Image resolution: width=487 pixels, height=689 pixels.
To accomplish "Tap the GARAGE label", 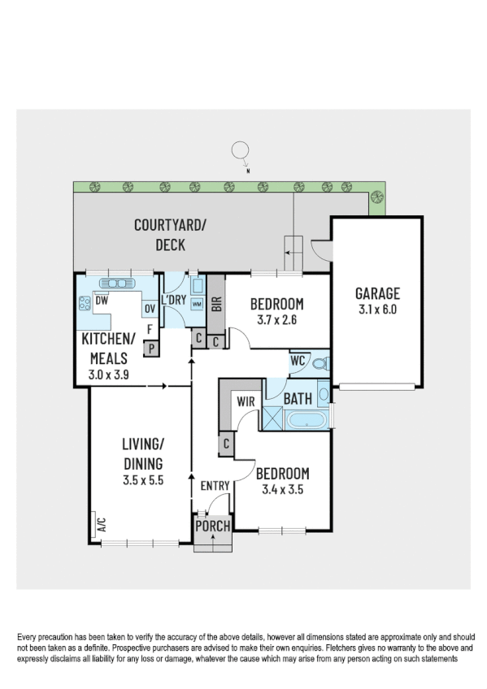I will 377,294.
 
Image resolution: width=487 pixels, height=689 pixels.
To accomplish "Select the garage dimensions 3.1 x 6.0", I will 377,310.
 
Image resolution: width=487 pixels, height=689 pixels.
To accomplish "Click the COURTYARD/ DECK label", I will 171,235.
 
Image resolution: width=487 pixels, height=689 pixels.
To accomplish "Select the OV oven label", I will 150,309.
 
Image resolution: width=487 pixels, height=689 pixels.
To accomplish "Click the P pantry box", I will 150,349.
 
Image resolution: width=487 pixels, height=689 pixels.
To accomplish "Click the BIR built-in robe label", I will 216,305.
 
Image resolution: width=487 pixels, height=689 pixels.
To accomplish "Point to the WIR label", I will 246,401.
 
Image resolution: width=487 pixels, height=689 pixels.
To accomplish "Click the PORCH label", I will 212,526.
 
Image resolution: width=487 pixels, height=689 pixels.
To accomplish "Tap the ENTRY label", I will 215,486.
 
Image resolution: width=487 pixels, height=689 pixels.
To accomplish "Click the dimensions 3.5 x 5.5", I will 143,480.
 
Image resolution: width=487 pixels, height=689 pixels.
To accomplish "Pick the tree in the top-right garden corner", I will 376,196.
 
